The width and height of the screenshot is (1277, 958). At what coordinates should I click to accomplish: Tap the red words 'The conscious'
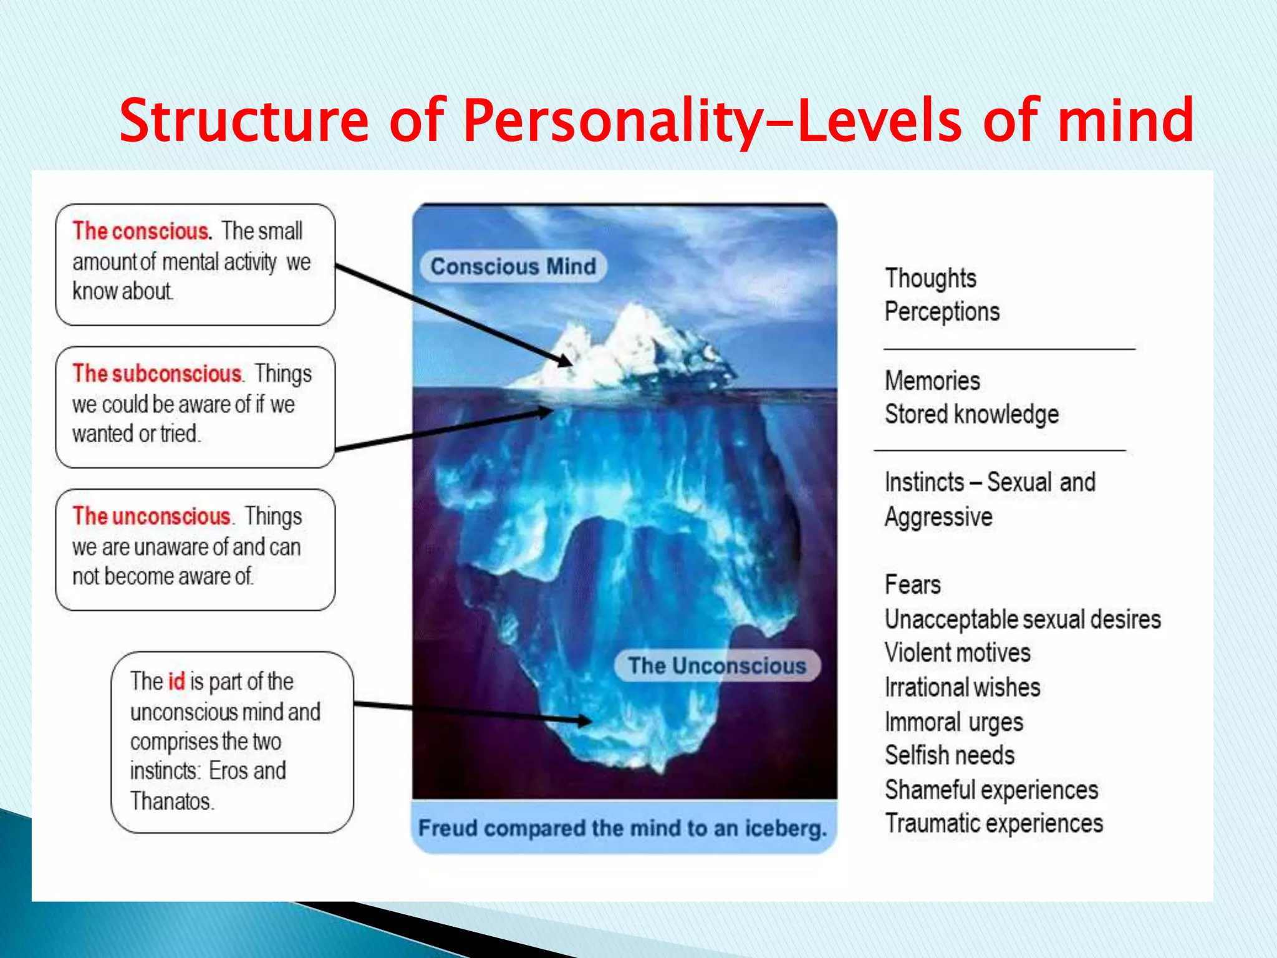coord(141,231)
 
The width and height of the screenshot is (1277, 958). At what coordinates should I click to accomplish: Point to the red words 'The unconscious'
coord(152,516)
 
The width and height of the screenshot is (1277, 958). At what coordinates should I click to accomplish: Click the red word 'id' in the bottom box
coord(176,681)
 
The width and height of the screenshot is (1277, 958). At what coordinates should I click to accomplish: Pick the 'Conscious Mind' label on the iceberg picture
coord(513,266)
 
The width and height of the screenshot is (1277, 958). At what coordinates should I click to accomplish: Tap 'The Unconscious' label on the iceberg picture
coord(717,665)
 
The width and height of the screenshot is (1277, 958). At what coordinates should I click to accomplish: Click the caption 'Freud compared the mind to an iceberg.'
coord(622,828)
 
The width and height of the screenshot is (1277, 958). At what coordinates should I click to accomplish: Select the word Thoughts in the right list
coord(930,279)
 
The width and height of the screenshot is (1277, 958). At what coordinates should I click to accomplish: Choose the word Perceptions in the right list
coord(942,312)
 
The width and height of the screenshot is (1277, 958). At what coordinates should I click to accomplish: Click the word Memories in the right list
coord(932,381)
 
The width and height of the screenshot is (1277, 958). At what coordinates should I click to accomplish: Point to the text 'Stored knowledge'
coord(971,415)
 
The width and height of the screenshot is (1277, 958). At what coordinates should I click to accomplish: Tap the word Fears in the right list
coord(912,585)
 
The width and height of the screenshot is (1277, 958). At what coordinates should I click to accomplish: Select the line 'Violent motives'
coord(957,653)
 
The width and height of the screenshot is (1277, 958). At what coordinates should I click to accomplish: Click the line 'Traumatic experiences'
coord(994,823)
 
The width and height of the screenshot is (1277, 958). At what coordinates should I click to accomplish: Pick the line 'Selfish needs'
coord(949,755)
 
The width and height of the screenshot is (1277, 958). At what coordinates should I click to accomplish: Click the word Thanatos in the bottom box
coord(171,801)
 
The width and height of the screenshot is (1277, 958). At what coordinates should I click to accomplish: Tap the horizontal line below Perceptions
coord(1009,349)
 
